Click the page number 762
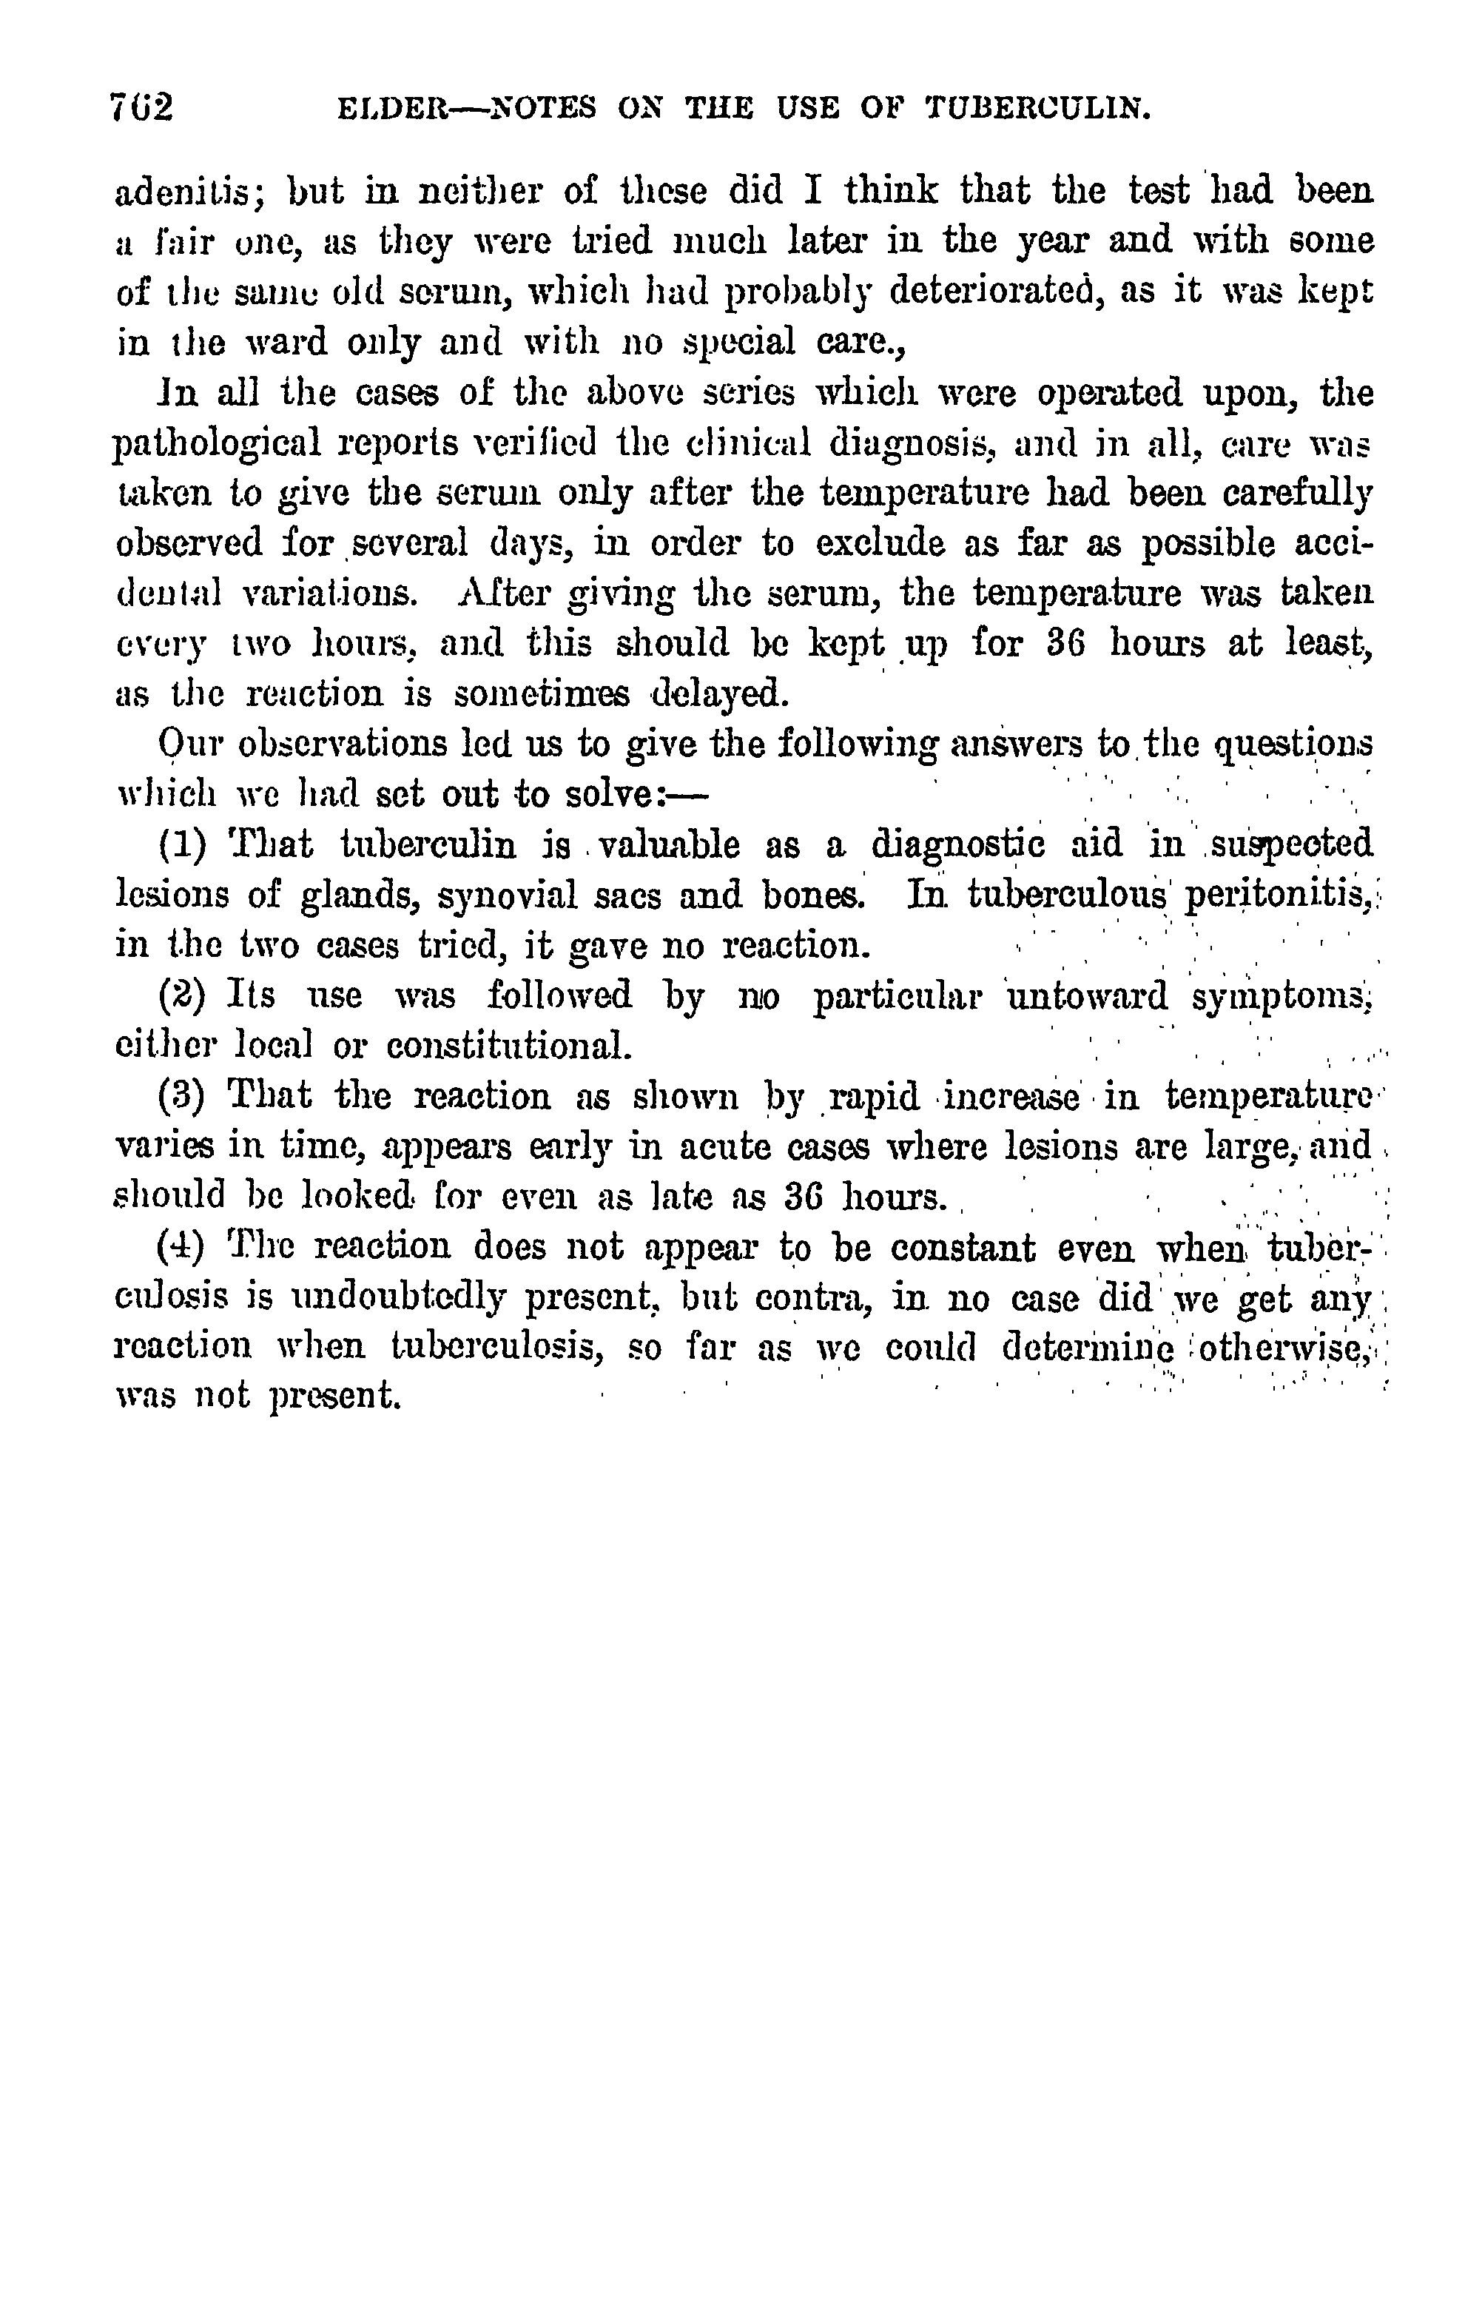[x=142, y=107]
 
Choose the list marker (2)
[x=181, y=995]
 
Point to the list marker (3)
[x=181, y=1095]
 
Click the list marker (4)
[x=181, y=1246]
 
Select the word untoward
[x=1086, y=995]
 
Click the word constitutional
[x=508, y=1045]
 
